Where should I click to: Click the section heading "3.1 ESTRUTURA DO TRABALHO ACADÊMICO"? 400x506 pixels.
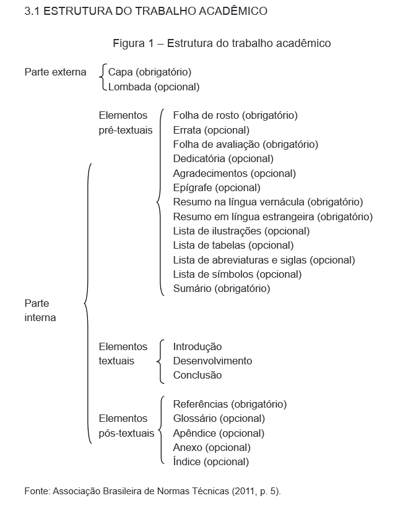tap(146, 11)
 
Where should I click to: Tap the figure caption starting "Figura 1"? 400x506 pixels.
tap(222, 43)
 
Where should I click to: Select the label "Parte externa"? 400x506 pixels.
tap(56, 72)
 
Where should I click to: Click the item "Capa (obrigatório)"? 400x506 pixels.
tap(150, 72)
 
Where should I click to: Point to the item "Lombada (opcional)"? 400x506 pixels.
tap(154, 87)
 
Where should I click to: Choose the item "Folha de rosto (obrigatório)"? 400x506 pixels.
tap(235, 116)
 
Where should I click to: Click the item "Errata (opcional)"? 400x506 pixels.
tap(211, 130)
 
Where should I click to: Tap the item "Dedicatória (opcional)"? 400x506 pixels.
tap(223, 159)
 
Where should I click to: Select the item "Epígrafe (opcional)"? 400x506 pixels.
tap(217, 187)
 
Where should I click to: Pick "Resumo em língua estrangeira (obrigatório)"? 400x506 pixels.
tap(272, 217)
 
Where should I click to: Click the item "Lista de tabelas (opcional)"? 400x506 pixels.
tap(224, 246)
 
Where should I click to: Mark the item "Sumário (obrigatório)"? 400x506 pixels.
tap(222, 288)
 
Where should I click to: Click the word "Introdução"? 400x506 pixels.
tap(198, 346)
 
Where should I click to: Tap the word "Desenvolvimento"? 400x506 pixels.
tap(212, 361)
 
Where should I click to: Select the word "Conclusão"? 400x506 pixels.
tap(198, 375)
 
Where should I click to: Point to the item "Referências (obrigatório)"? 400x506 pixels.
tap(230, 405)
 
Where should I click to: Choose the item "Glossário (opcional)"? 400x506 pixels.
tap(219, 419)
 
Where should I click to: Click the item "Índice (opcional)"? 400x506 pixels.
tap(211, 461)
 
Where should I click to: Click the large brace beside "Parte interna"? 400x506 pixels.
tap(87, 303)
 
